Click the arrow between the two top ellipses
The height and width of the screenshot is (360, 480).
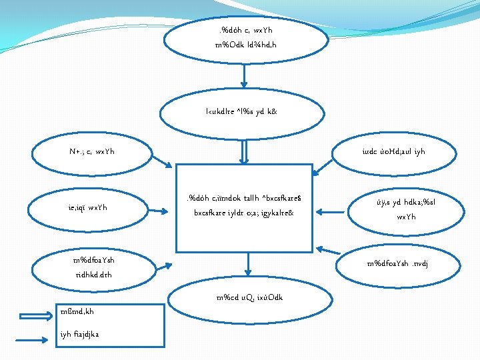(245, 75)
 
